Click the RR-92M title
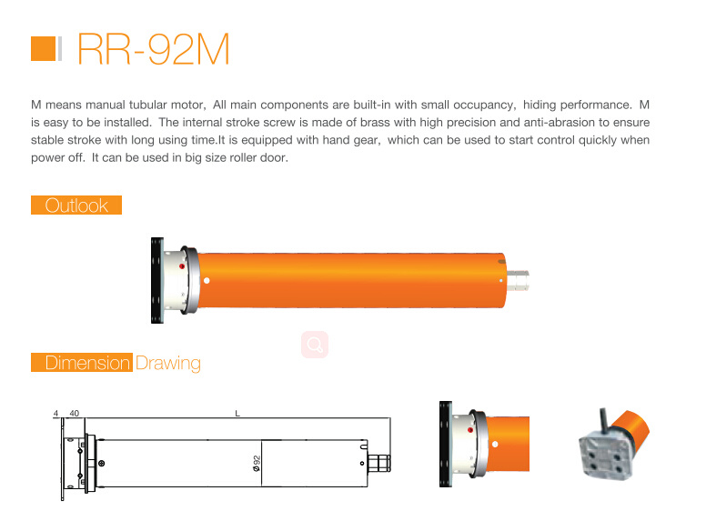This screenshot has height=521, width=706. tap(154, 49)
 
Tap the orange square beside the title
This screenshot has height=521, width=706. tap(44, 48)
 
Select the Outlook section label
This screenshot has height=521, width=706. tap(76, 205)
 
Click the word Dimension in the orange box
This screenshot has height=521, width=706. tap(87, 363)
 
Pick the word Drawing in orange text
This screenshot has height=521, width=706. tap(168, 363)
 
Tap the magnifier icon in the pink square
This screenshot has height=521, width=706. tap(315, 345)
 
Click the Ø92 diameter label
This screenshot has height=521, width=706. tap(257, 463)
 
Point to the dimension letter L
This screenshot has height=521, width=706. tap(237, 414)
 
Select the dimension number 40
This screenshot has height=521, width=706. tap(75, 414)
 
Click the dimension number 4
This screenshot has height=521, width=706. tap(55, 414)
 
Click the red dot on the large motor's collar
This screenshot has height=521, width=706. tap(182, 266)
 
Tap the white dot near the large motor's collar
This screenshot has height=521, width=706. tap(207, 281)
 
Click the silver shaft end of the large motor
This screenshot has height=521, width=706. tap(518, 281)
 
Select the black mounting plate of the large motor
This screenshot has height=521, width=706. tap(157, 280)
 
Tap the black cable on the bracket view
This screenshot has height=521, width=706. tap(604, 420)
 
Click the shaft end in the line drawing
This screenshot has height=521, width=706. tap(379, 464)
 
